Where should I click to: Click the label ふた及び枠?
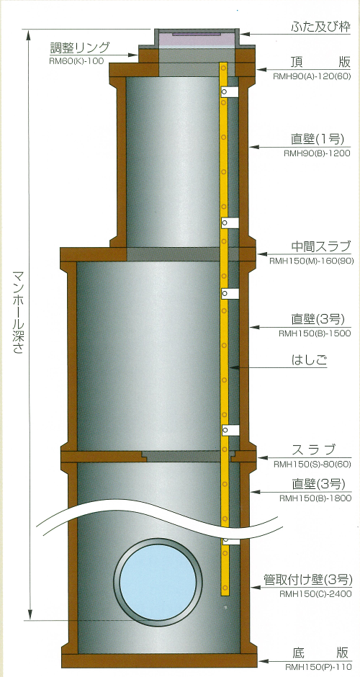coord(321,27)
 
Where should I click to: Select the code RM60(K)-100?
coord(76,61)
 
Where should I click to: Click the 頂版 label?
coord(320,62)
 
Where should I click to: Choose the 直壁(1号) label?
coord(318,139)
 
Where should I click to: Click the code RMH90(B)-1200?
coord(317,153)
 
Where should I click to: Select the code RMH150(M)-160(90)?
coord(312,261)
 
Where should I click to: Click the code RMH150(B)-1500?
coord(314,333)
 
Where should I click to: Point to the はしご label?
coord(309,360)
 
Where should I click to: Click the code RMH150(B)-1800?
coord(315,498)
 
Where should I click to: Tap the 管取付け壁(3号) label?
coord(307,579)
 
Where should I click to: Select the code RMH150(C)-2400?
coord(315,594)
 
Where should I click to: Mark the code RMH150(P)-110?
coord(318,667)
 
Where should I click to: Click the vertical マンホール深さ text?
coord(18,313)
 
